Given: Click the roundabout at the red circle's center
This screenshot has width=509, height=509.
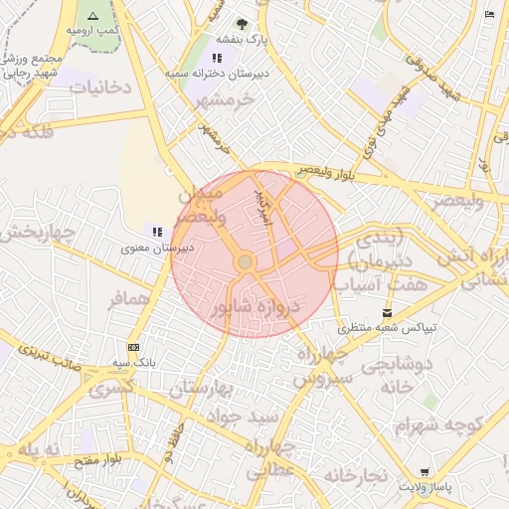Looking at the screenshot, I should point(245,261).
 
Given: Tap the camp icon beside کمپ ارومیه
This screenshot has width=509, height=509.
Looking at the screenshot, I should point(92,16).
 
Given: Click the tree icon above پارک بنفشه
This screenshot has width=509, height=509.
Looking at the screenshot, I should point(241,23).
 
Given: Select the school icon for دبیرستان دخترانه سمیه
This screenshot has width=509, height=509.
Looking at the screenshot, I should point(217,58).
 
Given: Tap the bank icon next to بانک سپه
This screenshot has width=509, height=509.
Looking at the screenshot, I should point(133,347).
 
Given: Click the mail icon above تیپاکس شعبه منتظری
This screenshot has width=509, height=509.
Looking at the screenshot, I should point(387,312).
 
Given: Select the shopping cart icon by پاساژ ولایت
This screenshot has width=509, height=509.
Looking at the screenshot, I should point(424,472).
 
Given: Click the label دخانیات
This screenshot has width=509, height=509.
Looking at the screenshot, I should point(99,87).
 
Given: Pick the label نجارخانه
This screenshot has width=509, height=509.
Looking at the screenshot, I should point(350,476).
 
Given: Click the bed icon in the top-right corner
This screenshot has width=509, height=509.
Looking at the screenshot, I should point(488,14).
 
